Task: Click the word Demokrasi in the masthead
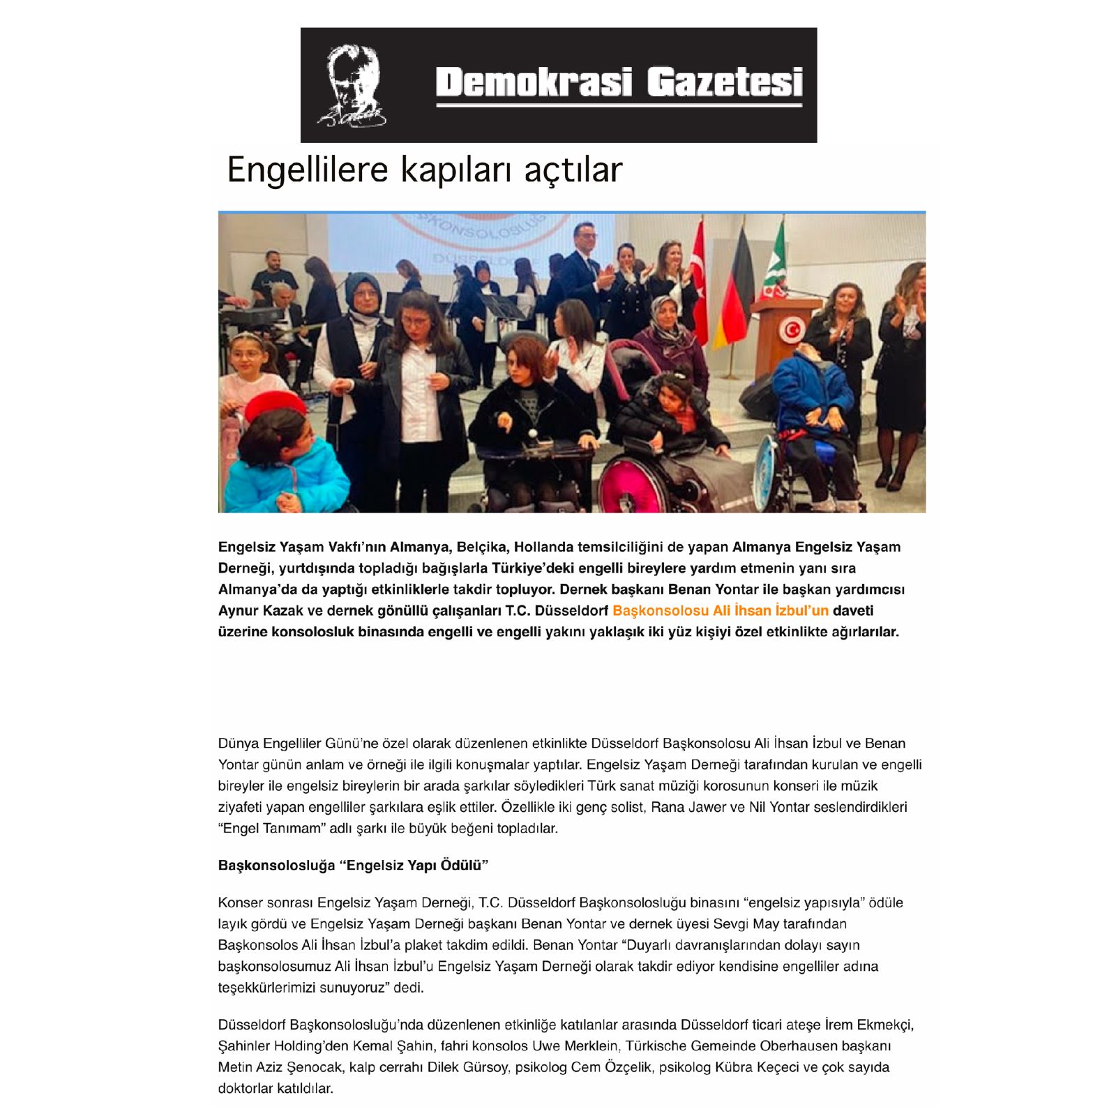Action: (534, 82)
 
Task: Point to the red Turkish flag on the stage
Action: (698, 279)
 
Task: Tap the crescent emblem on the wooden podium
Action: (791, 330)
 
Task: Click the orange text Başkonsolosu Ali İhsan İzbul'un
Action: (720, 611)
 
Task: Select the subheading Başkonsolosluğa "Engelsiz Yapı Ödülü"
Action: (353, 866)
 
